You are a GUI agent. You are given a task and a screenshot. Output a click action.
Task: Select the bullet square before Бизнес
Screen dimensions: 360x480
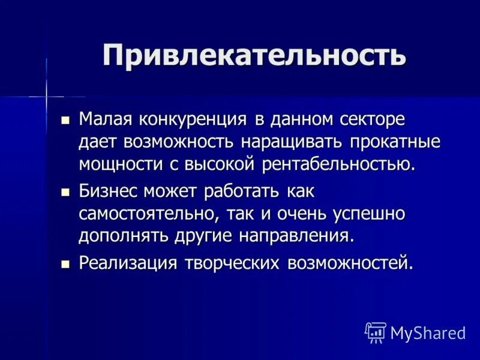66,193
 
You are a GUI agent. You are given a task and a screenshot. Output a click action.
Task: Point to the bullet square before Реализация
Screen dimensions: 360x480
66,265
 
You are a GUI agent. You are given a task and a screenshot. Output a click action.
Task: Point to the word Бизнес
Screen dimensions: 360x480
108,192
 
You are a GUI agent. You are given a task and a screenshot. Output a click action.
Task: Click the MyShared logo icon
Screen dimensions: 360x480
376,332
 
